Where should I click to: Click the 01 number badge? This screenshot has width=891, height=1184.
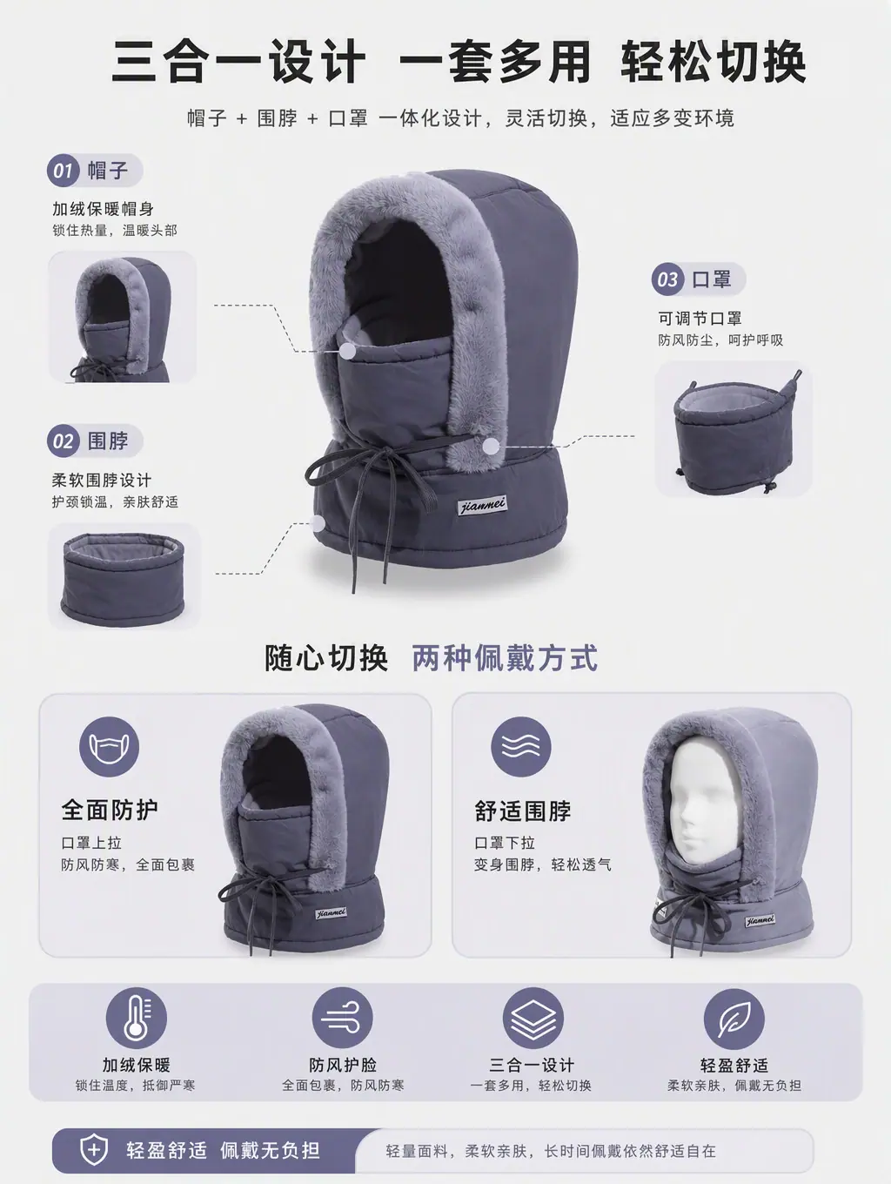63,171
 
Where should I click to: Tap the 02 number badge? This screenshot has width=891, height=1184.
63,441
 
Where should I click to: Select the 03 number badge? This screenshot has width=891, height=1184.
667,279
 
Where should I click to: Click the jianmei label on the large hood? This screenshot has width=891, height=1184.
482,506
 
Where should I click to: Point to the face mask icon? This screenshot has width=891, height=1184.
110,747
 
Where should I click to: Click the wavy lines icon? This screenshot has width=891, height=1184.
520,747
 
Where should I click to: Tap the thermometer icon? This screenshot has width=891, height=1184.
137,1019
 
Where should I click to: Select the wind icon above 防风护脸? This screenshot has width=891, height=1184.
342,1019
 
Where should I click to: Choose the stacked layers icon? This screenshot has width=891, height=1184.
533,1019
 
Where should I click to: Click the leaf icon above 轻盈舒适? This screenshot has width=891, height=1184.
734,1019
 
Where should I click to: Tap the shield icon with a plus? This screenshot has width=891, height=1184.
94,1149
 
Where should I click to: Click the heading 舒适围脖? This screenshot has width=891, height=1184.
522,811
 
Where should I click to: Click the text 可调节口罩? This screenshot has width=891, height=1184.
700,319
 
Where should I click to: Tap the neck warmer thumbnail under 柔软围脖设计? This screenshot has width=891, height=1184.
124,577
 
